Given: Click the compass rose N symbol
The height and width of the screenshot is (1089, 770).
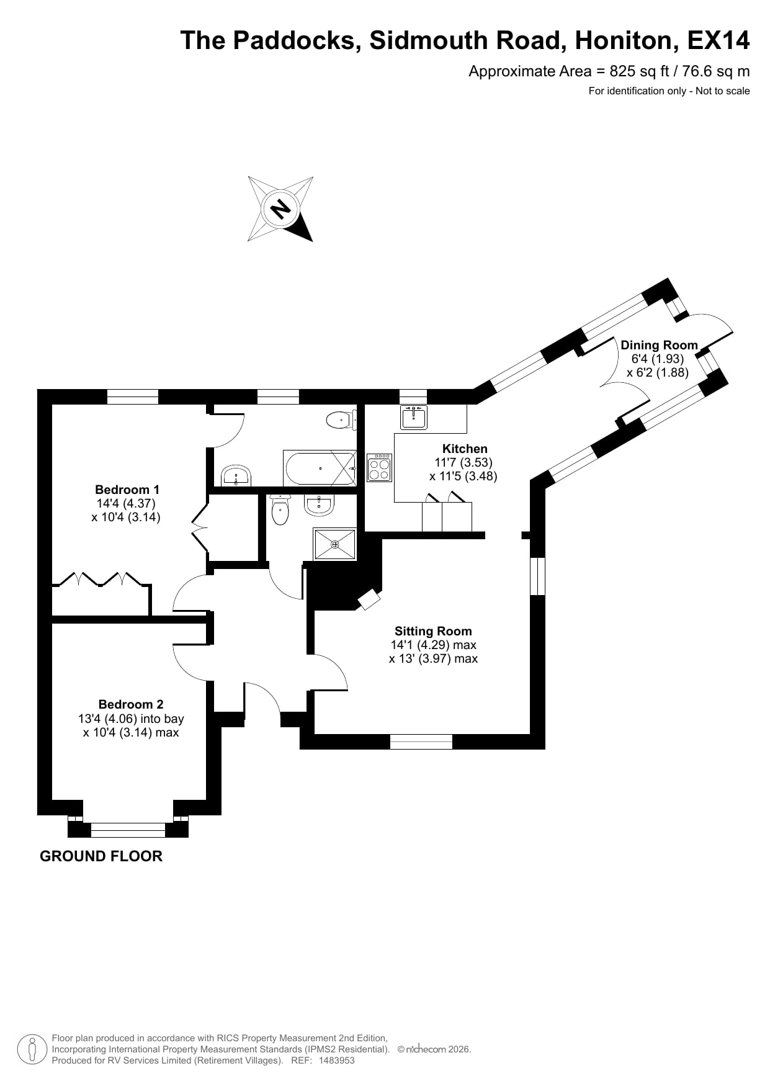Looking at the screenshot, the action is (280, 208).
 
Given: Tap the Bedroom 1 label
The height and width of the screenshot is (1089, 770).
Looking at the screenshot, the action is (127, 490).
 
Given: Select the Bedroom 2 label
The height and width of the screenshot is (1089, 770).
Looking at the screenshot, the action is (131, 704).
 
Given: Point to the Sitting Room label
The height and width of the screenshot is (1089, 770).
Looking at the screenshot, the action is (433, 632).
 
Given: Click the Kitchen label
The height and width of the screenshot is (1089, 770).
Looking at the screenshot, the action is (465, 449).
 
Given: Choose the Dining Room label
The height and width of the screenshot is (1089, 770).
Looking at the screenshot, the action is (659, 346).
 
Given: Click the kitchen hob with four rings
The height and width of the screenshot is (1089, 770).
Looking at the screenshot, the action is (380, 467).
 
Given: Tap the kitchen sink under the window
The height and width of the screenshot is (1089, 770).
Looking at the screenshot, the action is (414, 417).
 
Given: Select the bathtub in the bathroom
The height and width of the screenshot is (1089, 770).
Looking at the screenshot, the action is (320, 468).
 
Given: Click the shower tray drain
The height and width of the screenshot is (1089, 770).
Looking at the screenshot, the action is (335, 544).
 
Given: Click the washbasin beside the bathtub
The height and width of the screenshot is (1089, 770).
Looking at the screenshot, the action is (236, 476).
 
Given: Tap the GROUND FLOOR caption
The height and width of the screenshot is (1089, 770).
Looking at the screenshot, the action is (101, 856).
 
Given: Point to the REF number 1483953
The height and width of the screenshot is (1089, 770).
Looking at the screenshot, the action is (337, 1060).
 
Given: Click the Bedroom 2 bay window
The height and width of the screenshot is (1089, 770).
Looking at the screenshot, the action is (128, 830).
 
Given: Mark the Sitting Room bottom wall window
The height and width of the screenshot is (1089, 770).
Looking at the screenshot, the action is (421, 742).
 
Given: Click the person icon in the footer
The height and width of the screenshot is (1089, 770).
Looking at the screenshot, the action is (33, 1049).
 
